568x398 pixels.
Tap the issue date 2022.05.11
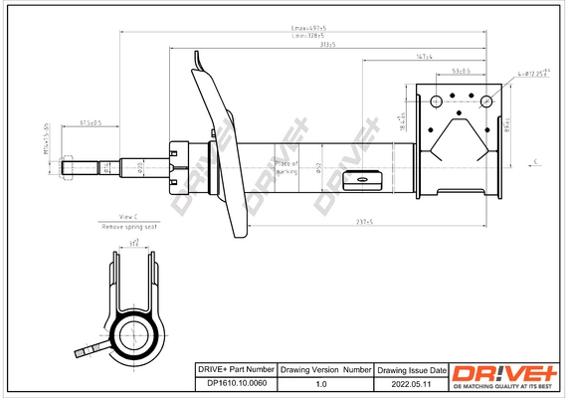(x=411, y=381)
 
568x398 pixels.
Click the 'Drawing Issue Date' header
(x=411, y=368)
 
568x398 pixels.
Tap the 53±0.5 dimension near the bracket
(x=461, y=72)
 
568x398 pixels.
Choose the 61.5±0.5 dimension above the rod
(x=92, y=123)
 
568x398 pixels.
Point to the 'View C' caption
(x=128, y=216)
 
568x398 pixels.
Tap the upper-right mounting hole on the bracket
(x=486, y=100)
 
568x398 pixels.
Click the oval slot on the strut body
(x=363, y=180)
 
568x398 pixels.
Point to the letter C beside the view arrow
(x=535, y=161)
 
